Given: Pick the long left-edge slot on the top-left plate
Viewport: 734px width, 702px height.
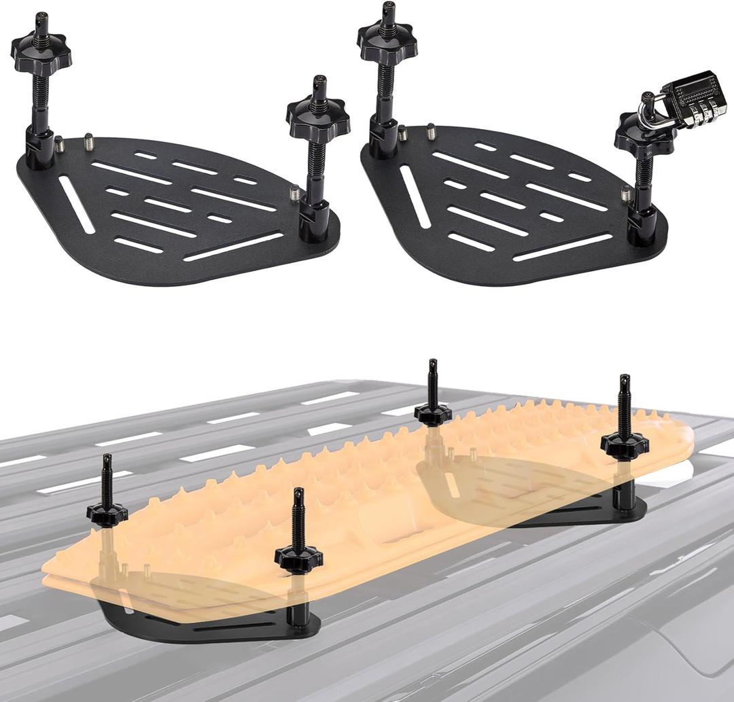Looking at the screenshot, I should point(76,204).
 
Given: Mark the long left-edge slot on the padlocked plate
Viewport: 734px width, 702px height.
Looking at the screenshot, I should point(415,197).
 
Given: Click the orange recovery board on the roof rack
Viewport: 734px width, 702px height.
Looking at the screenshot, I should point(367,503).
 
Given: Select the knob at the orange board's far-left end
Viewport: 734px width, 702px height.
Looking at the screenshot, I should point(107,513).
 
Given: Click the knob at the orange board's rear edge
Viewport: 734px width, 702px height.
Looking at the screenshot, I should point(433,412).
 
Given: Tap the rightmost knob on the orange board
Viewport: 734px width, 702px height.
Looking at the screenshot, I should point(624,444).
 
